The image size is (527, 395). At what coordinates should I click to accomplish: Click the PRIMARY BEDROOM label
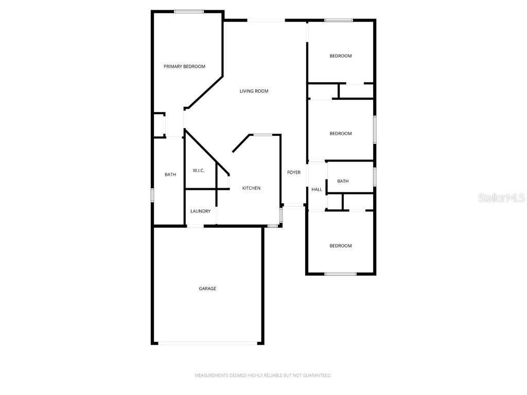coord(184,66)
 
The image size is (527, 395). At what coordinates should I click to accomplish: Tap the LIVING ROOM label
coord(254,91)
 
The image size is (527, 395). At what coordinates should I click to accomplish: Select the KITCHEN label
coord(251,188)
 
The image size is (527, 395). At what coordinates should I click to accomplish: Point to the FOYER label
coord(294,172)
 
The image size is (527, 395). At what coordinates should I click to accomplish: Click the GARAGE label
coord(207,289)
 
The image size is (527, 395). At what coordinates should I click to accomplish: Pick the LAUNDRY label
coord(200,211)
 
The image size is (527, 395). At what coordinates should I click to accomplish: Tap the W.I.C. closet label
coord(199,170)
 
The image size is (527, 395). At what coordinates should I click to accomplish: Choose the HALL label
coord(317,189)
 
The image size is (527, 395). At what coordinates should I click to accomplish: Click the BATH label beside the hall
coord(343,181)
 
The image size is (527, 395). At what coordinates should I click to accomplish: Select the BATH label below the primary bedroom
coord(170,174)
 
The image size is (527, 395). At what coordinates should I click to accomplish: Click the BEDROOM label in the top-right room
coord(341,56)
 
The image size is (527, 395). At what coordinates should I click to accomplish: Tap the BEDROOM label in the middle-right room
coord(341,133)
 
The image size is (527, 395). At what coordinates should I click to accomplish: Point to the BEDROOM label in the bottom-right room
coord(341,245)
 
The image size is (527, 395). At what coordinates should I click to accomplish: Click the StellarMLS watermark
coord(501,197)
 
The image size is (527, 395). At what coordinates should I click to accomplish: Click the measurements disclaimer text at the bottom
coord(263,375)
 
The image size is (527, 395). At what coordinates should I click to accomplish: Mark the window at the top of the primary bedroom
coord(189,11)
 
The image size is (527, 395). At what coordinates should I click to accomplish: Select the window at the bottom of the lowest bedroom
coord(340,274)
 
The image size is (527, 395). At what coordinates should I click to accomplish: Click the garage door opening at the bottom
coord(207,343)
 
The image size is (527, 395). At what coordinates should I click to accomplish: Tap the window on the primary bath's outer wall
coord(152,195)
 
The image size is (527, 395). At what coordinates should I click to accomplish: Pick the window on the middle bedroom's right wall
coord(375,129)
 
